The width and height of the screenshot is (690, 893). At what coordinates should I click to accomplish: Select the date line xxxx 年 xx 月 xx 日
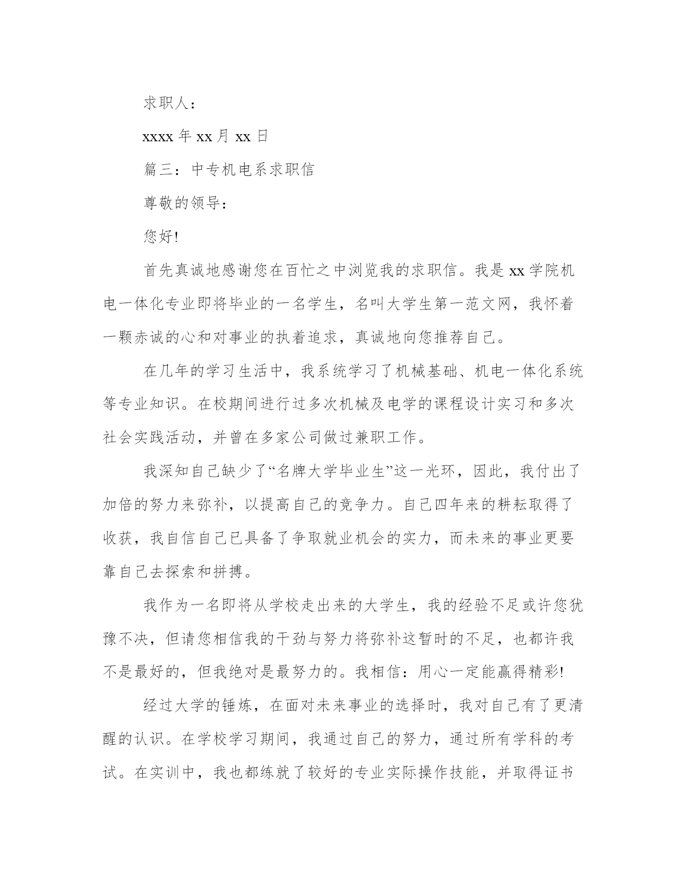pyautogui.click(x=205, y=136)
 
